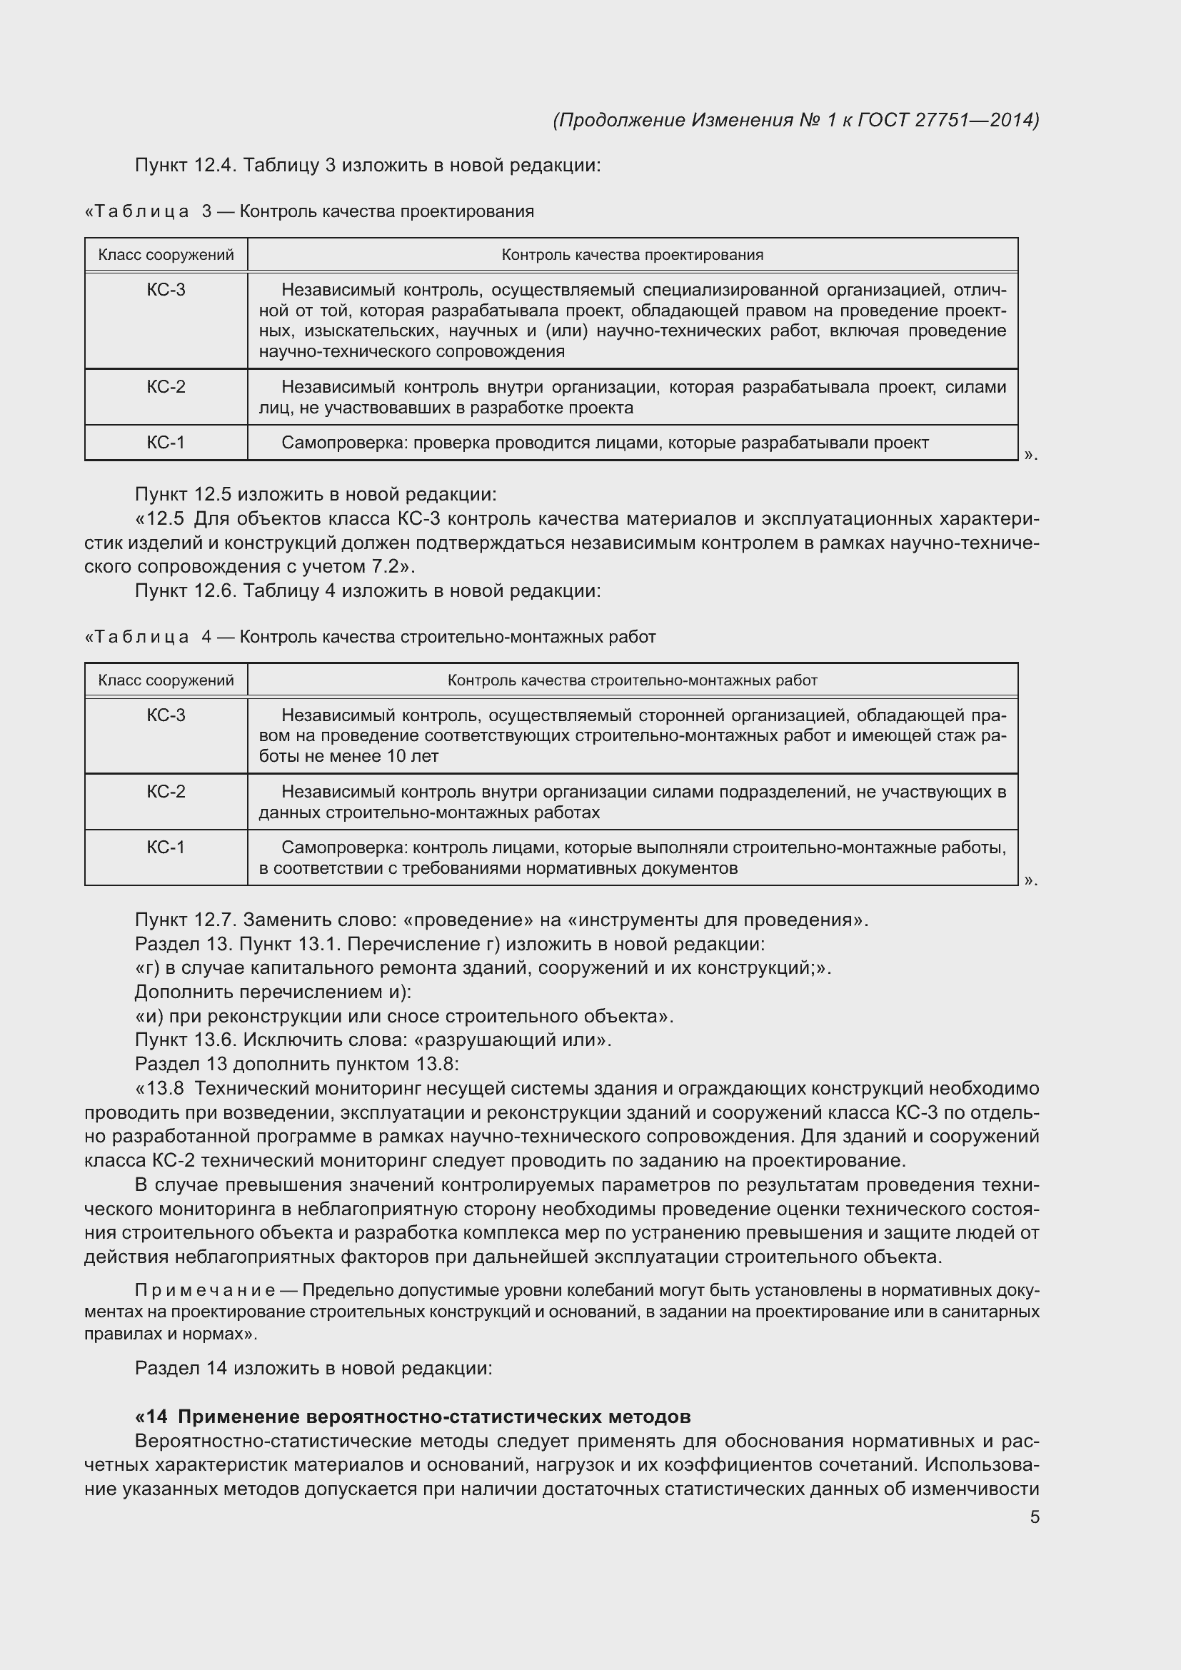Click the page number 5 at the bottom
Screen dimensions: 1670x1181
[x=1034, y=1517]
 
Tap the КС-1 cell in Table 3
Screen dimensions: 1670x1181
[x=166, y=442]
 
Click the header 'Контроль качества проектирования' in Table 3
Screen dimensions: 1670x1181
[x=632, y=255]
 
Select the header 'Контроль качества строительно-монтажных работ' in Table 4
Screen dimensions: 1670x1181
[x=632, y=680]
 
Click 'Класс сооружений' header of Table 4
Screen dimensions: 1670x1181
[x=166, y=680]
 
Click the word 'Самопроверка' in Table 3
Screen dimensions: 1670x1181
[x=344, y=442]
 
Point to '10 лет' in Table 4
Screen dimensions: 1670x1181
[x=412, y=756]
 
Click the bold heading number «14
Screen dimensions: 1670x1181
[x=151, y=1417]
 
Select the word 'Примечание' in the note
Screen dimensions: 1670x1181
[x=205, y=1290]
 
